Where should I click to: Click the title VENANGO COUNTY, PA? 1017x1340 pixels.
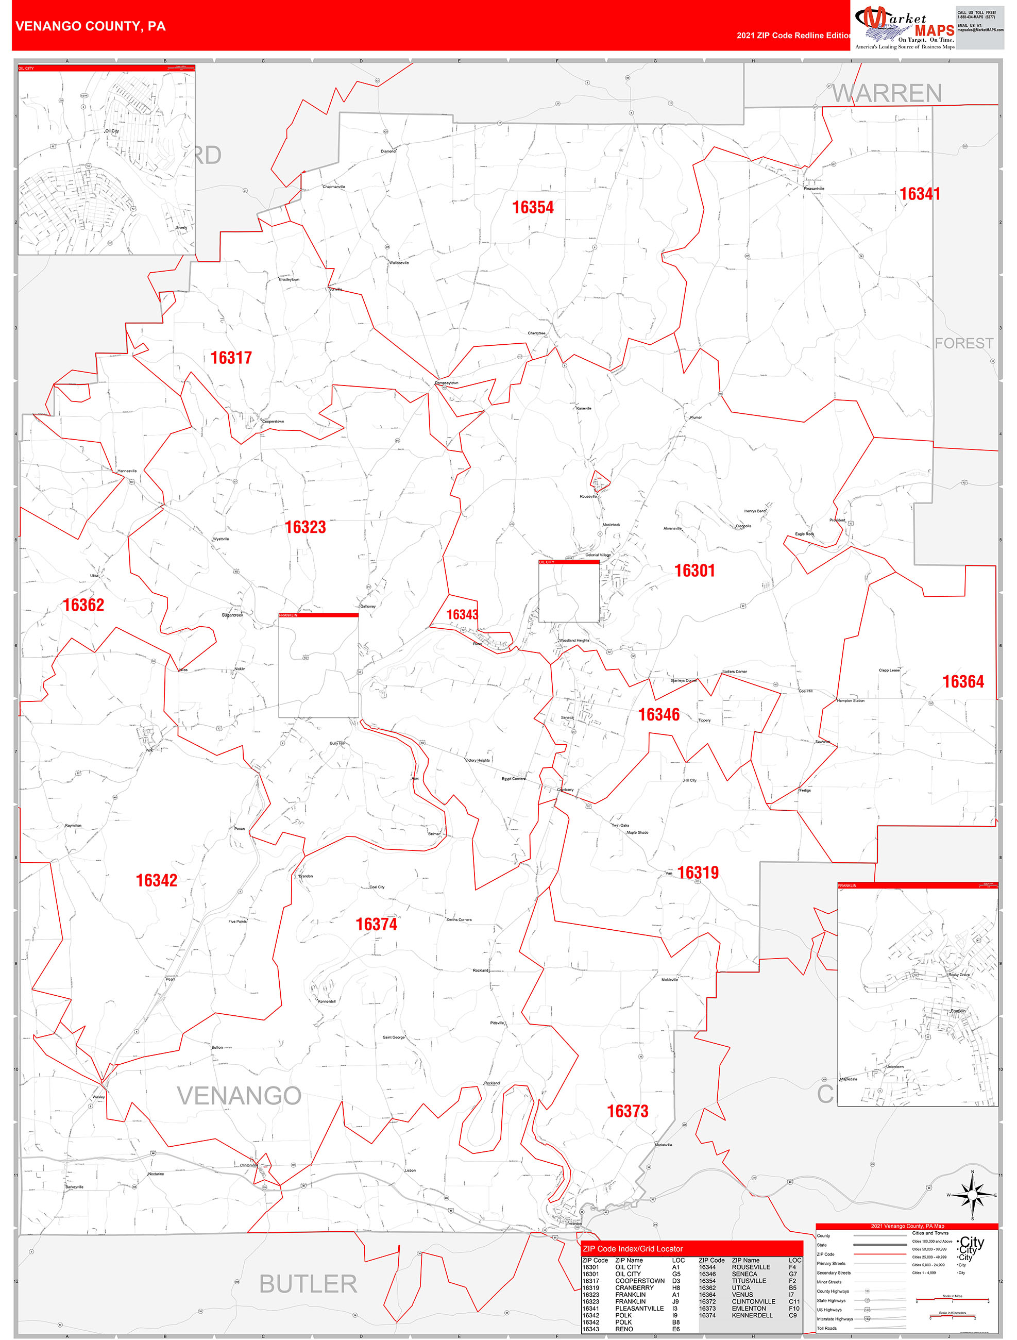[90, 26]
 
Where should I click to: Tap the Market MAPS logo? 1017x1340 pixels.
[904, 27]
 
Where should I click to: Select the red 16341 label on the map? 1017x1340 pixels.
[920, 194]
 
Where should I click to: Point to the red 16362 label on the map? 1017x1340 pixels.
[83, 605]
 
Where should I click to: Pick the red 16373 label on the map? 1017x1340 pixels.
[628, 1111]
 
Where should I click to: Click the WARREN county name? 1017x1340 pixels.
[887, 93]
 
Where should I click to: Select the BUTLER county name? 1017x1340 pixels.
[308, 1284]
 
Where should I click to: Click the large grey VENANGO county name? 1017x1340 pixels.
[239, 1095]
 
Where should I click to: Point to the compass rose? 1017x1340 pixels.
[972, 1195]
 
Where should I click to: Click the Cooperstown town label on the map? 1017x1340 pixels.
[273, 421]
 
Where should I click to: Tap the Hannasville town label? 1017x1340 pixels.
[127, 471]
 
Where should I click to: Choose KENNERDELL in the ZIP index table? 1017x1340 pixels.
[752, 1315]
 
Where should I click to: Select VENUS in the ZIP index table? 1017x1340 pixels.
[742, 1295]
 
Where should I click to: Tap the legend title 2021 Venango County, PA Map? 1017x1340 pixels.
[907, 1226]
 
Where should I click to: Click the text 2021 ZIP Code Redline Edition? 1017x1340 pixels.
[793, 35]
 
